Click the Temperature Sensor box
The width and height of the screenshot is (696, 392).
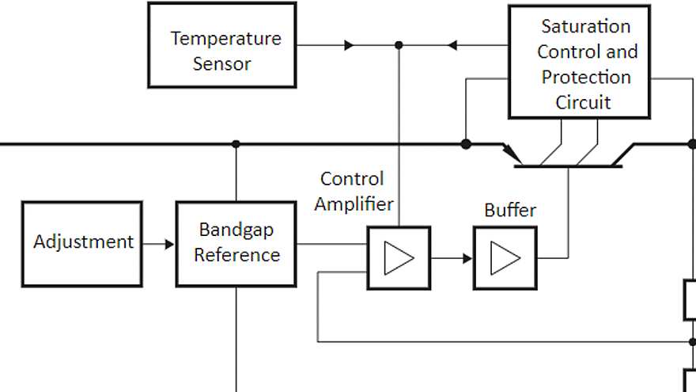(221, 45)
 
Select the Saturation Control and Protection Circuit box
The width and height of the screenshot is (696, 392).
(579, 62)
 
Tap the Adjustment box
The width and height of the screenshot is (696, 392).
(82, 243)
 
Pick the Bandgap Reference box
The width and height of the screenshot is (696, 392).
(236, 243)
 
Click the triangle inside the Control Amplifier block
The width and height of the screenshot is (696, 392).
(399, 258)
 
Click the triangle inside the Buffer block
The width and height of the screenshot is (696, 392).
(505, 258)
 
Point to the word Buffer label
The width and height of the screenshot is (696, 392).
(510, 211)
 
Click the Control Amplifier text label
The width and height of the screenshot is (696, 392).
(354, 192)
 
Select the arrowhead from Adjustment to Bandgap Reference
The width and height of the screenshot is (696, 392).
(168, 244)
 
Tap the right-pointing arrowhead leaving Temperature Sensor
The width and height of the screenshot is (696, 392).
(349, 45)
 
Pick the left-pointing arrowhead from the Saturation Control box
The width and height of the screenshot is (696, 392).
(452, 45)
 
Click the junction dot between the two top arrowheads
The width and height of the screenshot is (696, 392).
(399, 45)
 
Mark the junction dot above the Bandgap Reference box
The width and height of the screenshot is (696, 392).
(236, 144)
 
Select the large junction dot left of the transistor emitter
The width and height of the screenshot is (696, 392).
(466, 144)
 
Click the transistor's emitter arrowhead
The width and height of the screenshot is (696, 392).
(509, 150)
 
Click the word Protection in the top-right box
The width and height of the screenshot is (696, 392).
(586, 77)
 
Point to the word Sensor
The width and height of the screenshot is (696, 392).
(221, 64)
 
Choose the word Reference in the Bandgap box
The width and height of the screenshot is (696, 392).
(237, 255)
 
